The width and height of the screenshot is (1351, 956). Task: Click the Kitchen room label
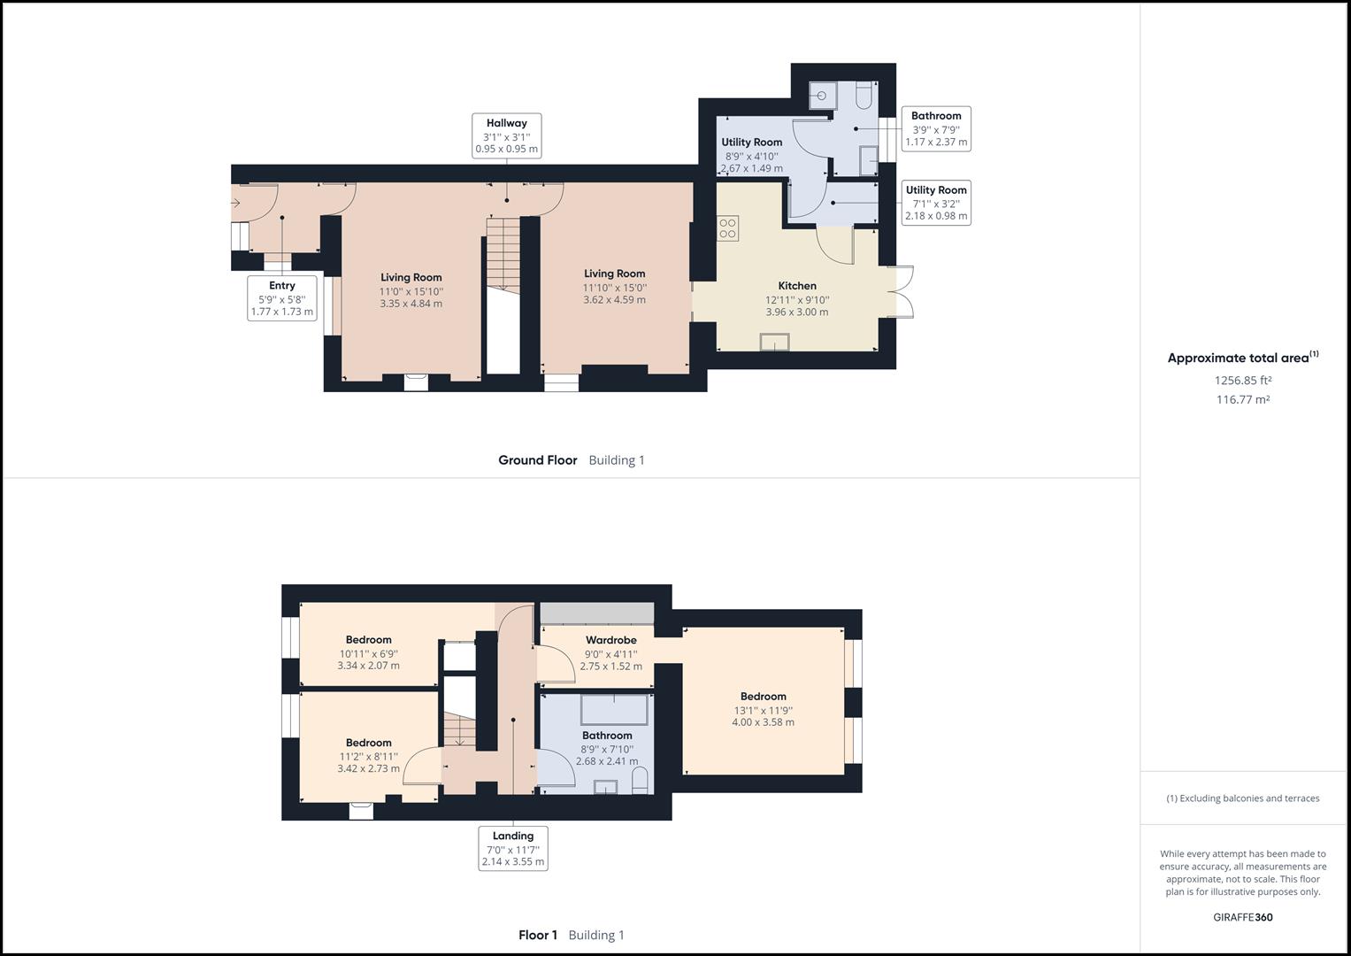pos(796,286)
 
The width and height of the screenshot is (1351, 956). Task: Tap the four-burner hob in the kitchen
pos(727,228)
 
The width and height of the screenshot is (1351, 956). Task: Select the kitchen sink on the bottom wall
pos(774,342)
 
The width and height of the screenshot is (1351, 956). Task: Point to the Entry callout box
pos(281,298)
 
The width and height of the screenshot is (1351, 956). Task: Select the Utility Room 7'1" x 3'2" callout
pos(935,203)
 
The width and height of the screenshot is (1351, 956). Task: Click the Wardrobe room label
pos(610,640)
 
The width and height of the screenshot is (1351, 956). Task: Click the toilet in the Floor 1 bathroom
pos(641,780)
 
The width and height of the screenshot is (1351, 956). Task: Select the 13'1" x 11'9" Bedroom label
pos(763,697)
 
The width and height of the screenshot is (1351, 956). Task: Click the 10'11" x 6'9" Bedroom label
pos(368,640)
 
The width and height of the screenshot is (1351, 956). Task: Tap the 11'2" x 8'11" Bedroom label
pos(368,744)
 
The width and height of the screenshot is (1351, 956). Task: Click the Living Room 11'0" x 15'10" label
pos(411,278)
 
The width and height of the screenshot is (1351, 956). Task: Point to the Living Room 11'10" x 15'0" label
pos(614,274)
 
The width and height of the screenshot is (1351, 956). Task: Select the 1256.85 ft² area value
pos(1242,381)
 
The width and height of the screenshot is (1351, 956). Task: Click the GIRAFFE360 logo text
pos(1242,917)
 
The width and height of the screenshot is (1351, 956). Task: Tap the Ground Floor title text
pos(537,460)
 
